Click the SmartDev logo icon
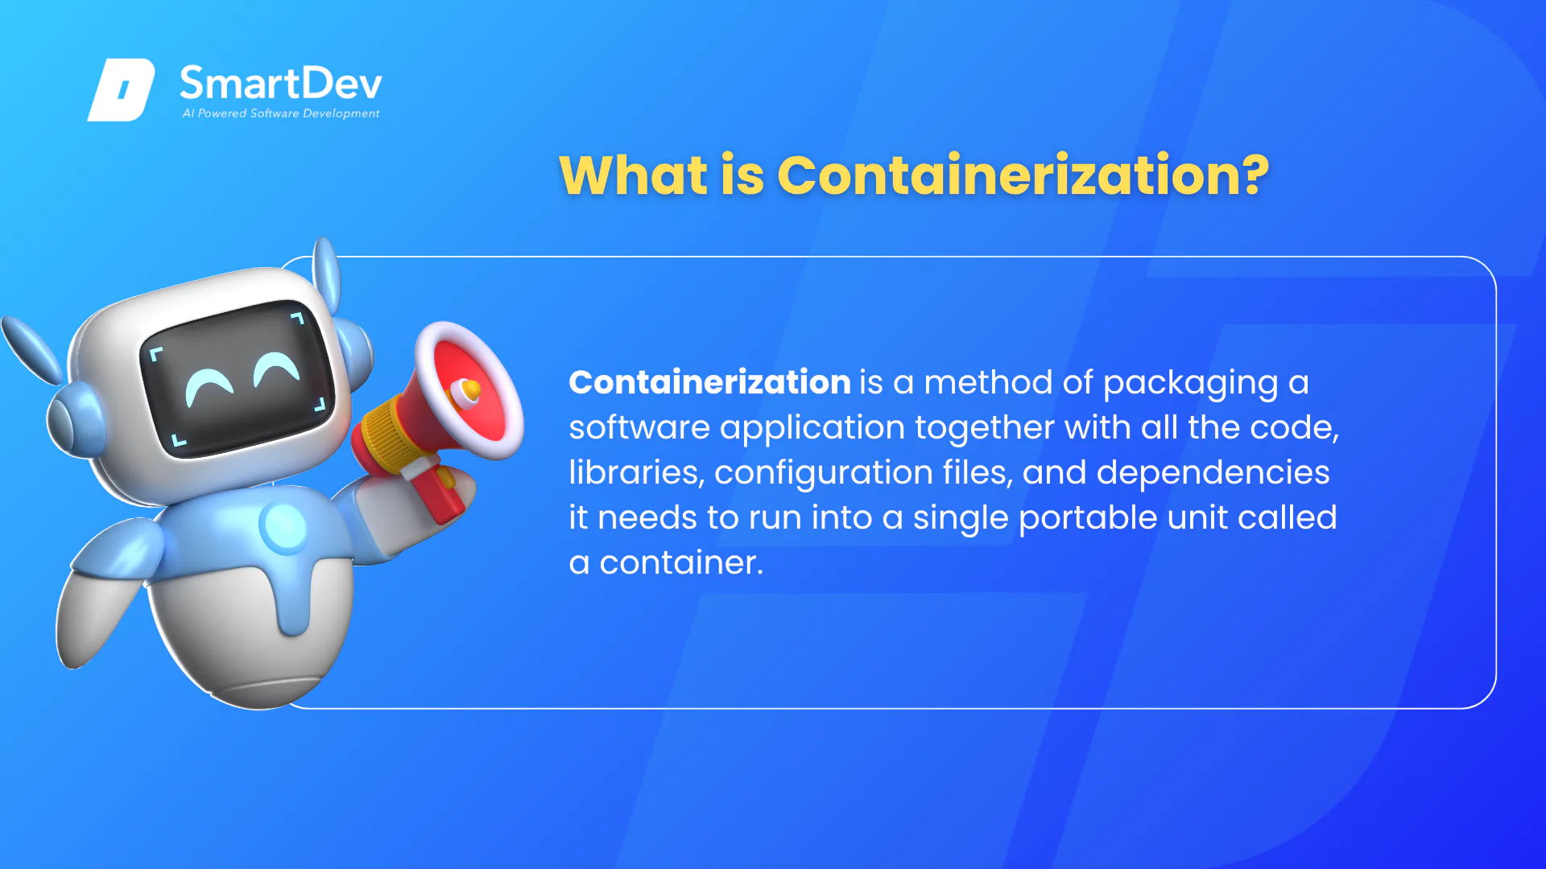121,89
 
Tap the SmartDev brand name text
281,83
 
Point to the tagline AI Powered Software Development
281,113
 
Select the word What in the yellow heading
634,174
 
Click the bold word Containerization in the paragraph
709,382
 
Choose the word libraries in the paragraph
636,472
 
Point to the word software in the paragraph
639,427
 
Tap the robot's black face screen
238,378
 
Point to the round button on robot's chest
283,526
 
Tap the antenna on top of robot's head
326,274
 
